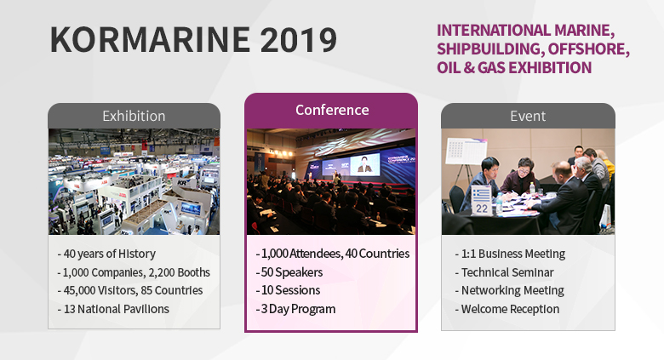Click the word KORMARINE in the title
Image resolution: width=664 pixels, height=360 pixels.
click(151, 39)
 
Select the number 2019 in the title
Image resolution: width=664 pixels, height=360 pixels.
click(299, 39)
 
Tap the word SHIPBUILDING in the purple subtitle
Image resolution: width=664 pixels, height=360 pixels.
click(489, 49)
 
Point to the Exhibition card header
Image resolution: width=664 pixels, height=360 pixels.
click(134, 116)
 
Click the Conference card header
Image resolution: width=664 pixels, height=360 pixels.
click(332, 110)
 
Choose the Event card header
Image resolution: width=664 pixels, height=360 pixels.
click(528, 116)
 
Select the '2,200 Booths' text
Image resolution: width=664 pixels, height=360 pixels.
click(179, 272)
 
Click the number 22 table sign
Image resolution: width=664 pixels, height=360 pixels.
click(482, 201)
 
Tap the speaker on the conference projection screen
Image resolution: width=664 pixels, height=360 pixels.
click(364, 164)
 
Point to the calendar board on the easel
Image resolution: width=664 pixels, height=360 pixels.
click(466, 151)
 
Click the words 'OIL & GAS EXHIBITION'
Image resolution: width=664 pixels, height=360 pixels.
click(514, 68)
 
